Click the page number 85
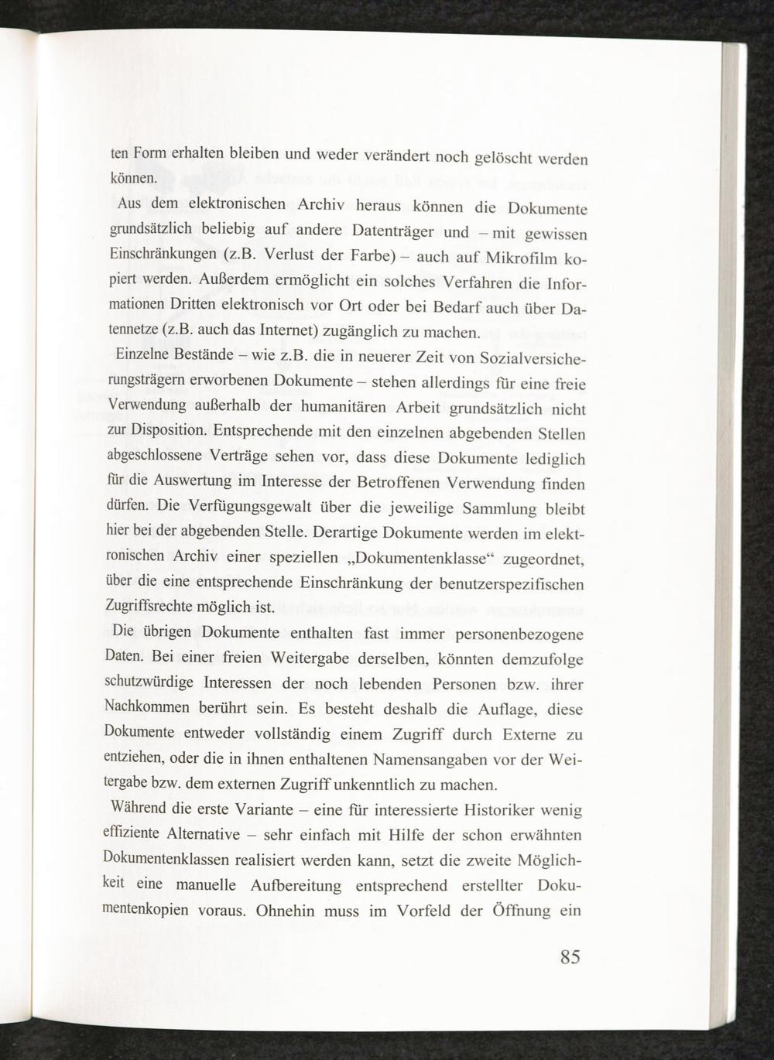coord(570,957)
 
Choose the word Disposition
coord(174,429)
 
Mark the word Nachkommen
coord(147,707)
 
